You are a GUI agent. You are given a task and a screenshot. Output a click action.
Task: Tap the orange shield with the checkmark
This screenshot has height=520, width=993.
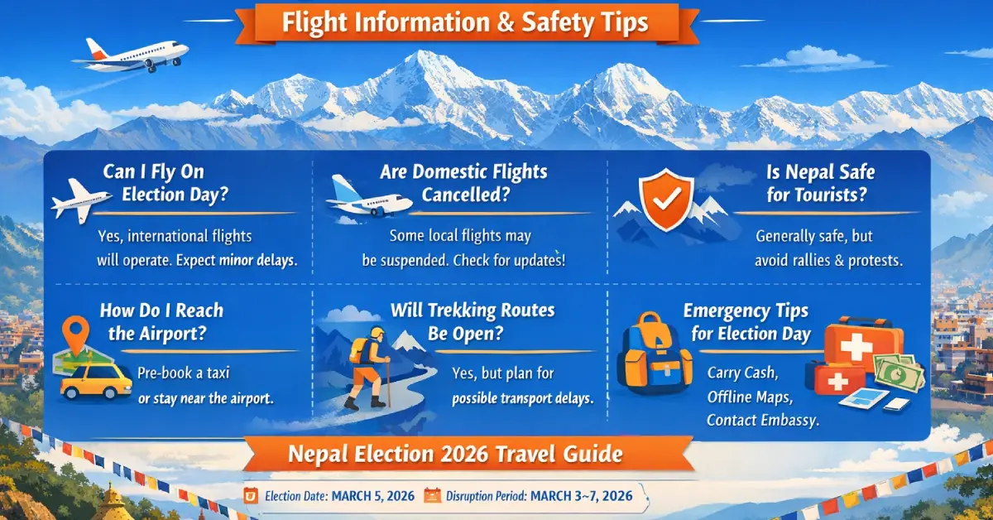click(x=668, y=200)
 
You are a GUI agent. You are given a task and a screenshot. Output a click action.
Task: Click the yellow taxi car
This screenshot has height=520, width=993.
click(x=97, y=381)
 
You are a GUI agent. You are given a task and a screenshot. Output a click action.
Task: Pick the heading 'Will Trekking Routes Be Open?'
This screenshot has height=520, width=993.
click(x=473, y=321)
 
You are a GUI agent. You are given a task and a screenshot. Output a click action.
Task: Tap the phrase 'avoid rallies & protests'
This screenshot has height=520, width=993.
click(x=828, y=260)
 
